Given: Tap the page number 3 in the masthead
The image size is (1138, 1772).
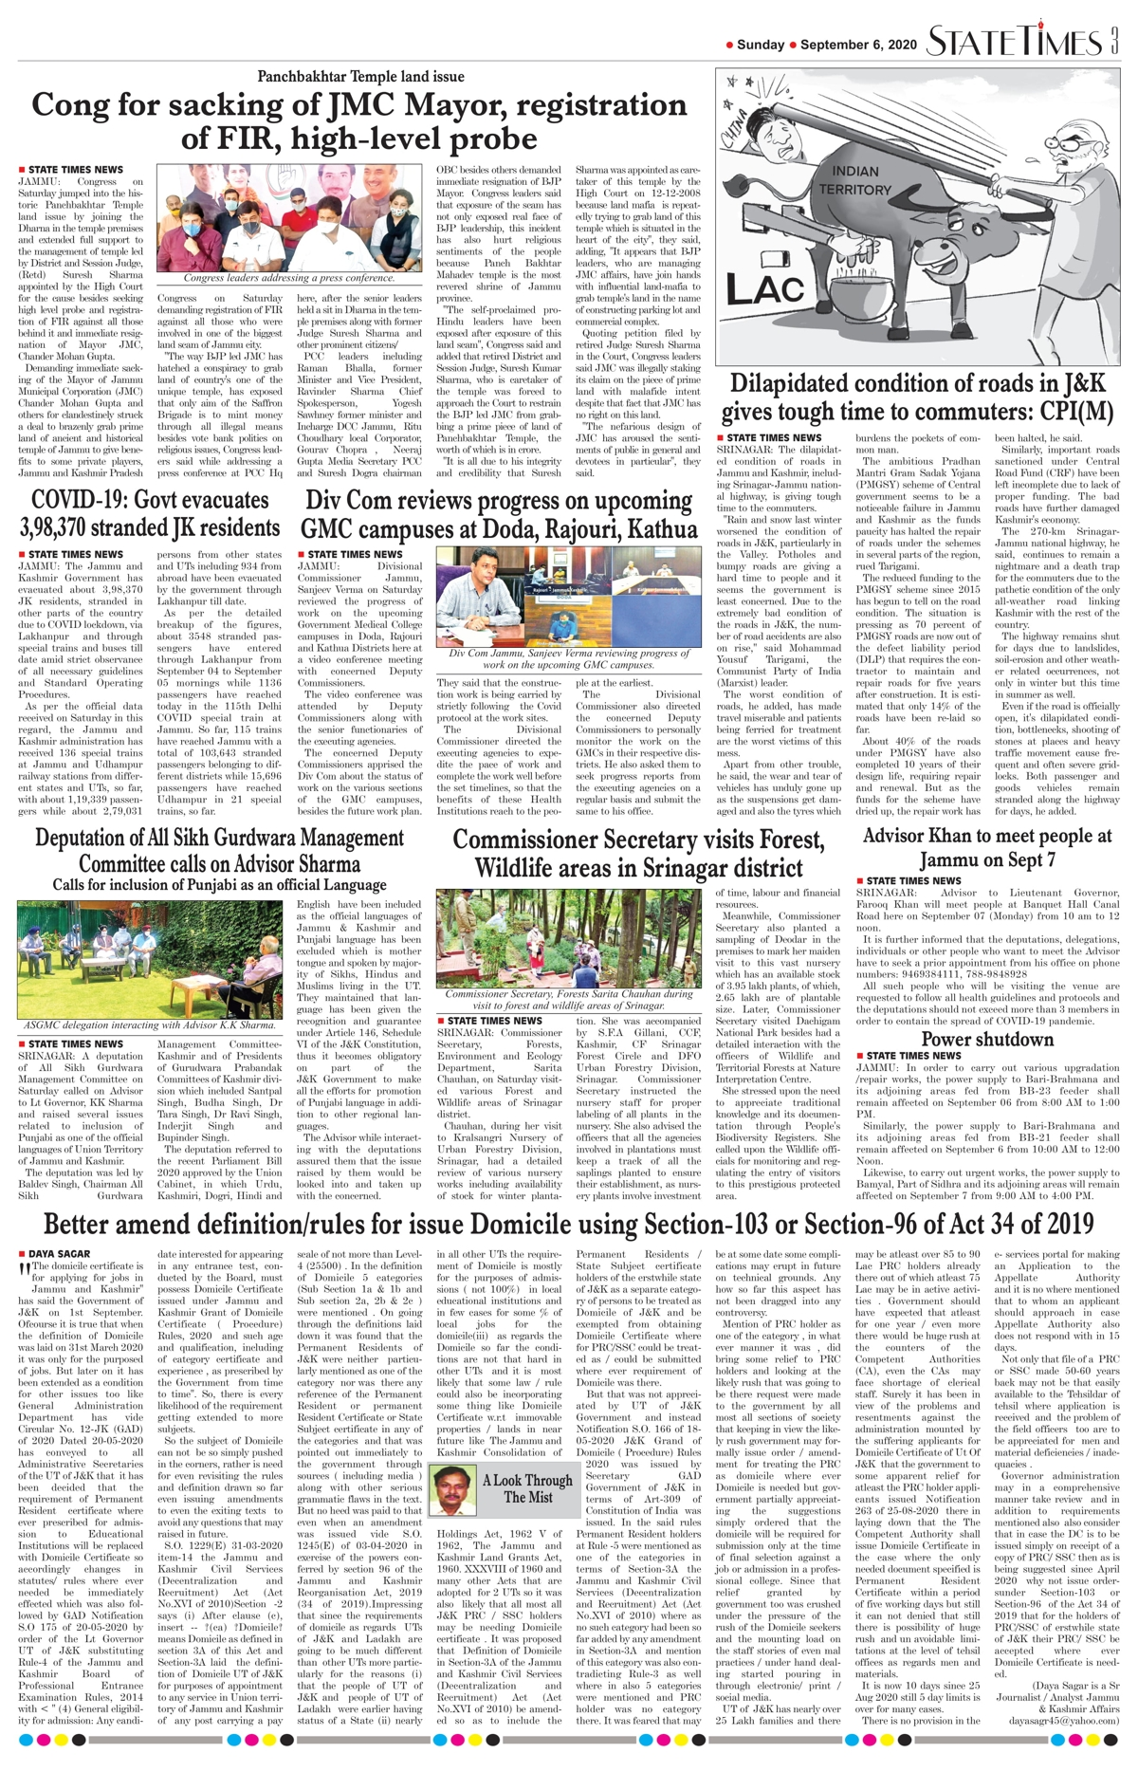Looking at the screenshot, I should pyautogui.click(x=1115, y=42).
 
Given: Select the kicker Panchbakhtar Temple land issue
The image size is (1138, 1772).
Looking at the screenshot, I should pyautogui.click(x=360, y=77).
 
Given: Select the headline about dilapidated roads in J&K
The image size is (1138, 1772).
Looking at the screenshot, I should pyautogui.click(x=917, y=397).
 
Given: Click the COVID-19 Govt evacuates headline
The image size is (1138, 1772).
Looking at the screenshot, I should pyautogui.click(x=149, y=513).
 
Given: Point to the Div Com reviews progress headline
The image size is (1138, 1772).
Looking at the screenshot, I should pyautogui.click(x=499, y=513).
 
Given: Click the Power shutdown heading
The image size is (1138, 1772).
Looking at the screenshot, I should pyautogui.click(x=987, y=1039).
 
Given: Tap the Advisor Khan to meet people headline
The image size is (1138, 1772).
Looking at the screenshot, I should pyautogui.click(x=987, y=847).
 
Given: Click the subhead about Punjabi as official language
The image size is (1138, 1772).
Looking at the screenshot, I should pyautogui.click(x=219, y=884).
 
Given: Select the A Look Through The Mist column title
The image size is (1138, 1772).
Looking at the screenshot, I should pyautogui.click(x=527, y=1487).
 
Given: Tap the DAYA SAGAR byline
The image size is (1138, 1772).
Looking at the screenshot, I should pyautogui.click(x=59, y=1253).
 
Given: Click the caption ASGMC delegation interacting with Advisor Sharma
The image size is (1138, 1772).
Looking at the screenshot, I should pyautogui.click(x=149, y=1024).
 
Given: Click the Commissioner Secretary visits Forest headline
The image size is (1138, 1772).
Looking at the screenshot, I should pyautogui.click(x=638, y=853).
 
